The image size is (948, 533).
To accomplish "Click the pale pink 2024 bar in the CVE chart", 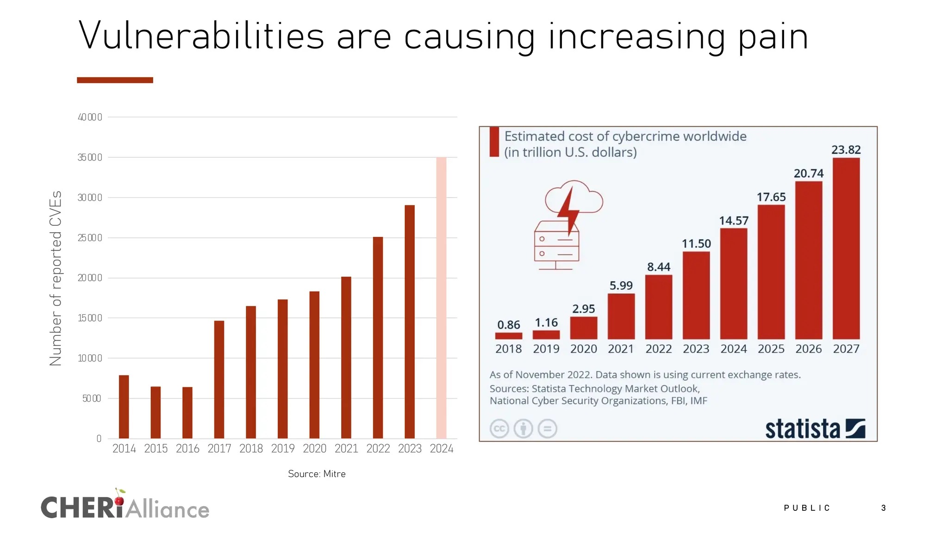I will click(441, 298).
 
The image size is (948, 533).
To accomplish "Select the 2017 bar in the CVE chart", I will click(219, 379).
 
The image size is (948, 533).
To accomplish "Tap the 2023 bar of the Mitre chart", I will click(410, 322).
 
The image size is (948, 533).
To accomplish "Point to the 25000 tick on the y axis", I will click(90, 238).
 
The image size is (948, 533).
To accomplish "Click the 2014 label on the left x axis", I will click(124, 448).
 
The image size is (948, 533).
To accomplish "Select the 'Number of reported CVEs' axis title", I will click(56, 278).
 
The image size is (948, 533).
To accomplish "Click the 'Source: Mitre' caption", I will click(317, 474).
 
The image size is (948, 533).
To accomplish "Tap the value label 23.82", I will click(846, 150).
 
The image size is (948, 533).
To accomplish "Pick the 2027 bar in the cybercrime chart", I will click(846, 248).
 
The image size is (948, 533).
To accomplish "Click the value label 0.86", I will click(508, 325).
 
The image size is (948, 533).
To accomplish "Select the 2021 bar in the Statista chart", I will click(621, 316).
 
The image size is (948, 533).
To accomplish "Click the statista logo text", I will click(802, 429).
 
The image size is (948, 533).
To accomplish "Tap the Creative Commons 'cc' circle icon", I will click(499, 428).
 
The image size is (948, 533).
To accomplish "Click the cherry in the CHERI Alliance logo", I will click(119, 500).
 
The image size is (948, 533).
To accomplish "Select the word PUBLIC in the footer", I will click(807, 508).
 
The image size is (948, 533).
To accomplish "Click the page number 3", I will click(883, 508).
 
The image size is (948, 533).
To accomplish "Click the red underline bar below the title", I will click(115, 80).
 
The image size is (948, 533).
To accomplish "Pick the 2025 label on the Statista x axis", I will click(771, 349).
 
